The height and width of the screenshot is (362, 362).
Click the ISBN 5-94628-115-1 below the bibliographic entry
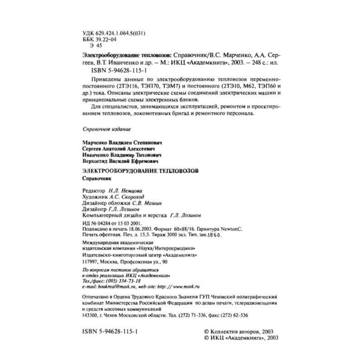click(x=115, y=71)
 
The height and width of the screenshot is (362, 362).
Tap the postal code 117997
click(x=89, y=262)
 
